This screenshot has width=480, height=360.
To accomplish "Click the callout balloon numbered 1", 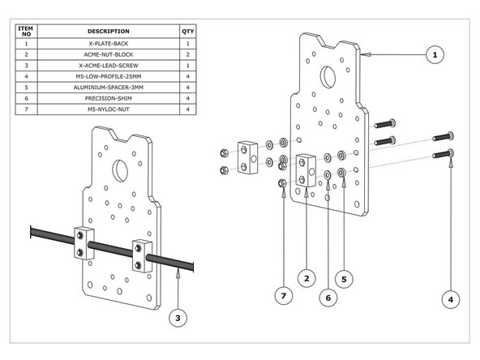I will pyautogui.click(x=435, y=54).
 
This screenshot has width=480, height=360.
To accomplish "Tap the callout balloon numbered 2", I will pyautogui.click(x=306, y=278).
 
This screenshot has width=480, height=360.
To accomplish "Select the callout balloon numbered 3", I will pyautogui.click(x=178, y=318).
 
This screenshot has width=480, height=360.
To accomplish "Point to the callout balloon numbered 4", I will pyautogui.click(x=450, y=299).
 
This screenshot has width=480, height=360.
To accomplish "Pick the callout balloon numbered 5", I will pyautogui.click(x=344, y=278).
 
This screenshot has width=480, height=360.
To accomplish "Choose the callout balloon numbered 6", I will pyautogui.click(x=328, y=298).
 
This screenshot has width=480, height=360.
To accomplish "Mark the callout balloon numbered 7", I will pyautogui.click(x=282, y=298).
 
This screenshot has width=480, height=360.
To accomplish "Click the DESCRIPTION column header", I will pyautogui.click(x=108, y=31).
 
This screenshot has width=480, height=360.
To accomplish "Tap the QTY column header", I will pyautogui.click(x=188, y=31).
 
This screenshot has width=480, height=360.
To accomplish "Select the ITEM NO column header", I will pyautogui.click(x=26, y=31).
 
